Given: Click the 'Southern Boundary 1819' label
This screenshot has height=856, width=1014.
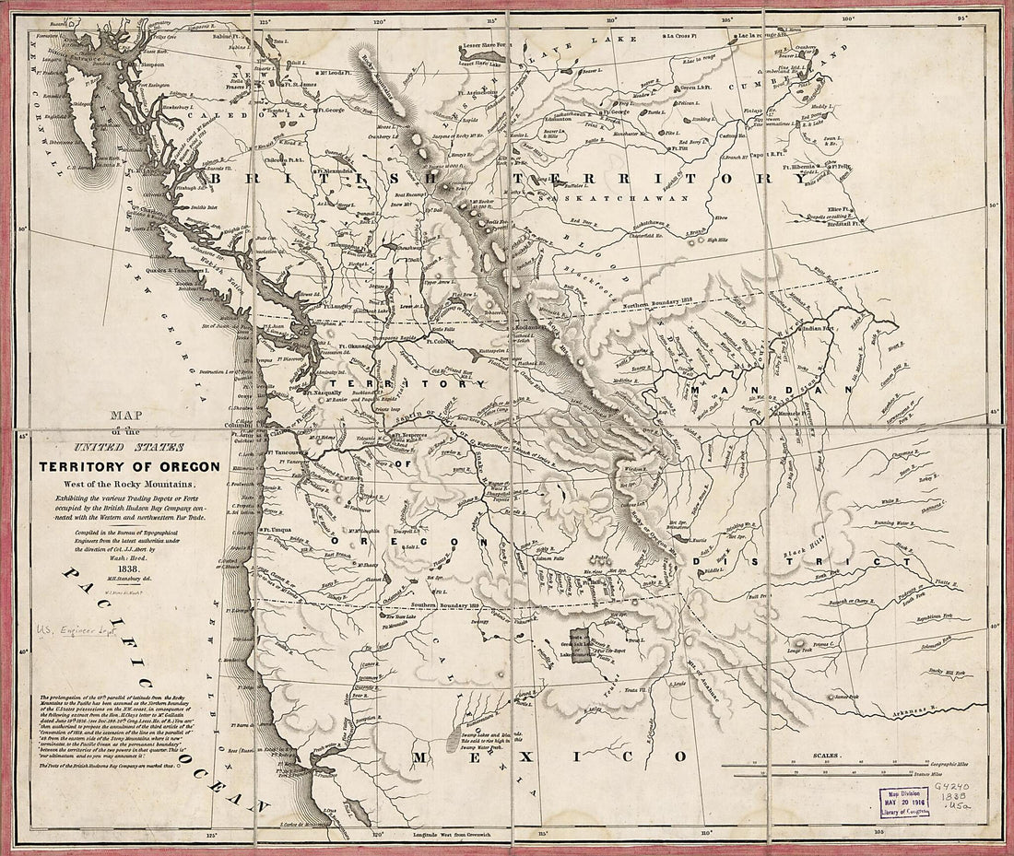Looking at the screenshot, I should coord(447,605).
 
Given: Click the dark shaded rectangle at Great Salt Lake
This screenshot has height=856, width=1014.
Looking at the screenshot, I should coord(579,646).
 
